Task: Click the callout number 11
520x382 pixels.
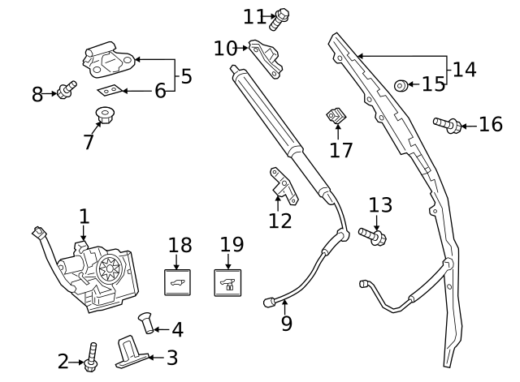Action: coord(254,16)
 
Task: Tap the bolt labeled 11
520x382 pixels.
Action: coord(282,17)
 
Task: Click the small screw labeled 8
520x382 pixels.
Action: coord(65,88)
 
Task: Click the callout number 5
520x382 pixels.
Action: coord(186,76)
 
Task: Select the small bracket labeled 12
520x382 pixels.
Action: coord(280,183)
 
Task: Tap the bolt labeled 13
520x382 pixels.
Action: coord(372,235)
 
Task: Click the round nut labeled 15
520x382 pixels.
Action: coord(401,85)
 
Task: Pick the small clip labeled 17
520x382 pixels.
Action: coord(335,118)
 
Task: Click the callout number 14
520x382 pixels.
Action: coord(464,69)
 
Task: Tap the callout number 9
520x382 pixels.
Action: coord(286,324)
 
